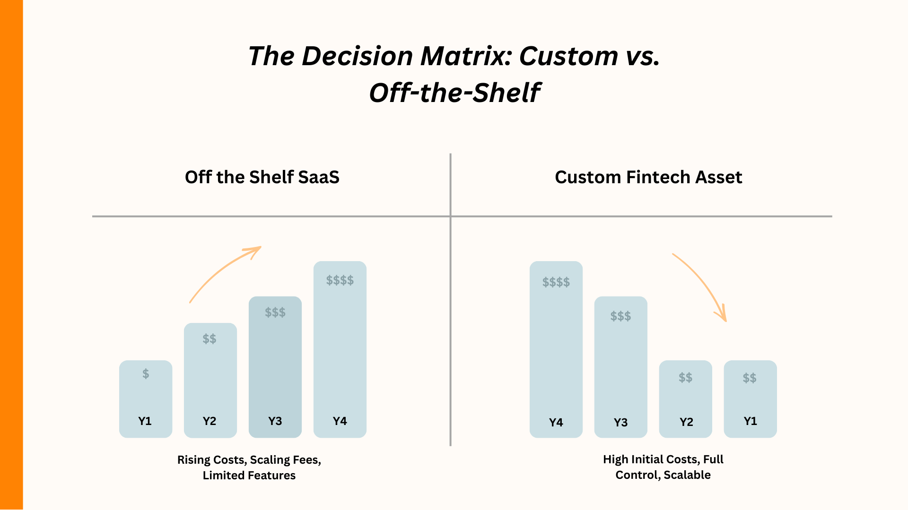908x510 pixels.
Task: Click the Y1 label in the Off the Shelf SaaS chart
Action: click(x=145, y=421)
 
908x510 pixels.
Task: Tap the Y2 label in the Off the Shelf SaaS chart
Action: click(x=209, y=421)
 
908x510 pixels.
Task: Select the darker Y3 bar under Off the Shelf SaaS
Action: click(x=275, y=368)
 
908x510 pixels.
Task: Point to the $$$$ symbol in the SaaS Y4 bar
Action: click(x=340, y=280)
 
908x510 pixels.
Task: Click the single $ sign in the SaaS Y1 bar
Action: click(x=146, y=374)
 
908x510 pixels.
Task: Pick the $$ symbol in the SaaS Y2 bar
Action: click(x=209, y=339)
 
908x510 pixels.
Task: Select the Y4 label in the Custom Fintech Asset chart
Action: click(x=556, y=422)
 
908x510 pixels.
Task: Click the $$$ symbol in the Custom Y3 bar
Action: click(x=620, y=316)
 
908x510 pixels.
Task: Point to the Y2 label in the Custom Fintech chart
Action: click(x=686, y=422)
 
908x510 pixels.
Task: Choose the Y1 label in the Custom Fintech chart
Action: click(x=750, y=421)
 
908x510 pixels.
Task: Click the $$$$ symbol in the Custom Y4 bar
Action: click(x=556, y=282)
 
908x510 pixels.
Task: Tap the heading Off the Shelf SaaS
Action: click(x=262, y=177)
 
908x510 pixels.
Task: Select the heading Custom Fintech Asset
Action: click(x=648, y=177)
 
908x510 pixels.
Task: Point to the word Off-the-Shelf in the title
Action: click(x=454, y=93)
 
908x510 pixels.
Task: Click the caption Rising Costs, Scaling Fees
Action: click(x=249, y=459)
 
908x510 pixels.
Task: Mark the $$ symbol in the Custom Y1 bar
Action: click(x=750, y=378)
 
